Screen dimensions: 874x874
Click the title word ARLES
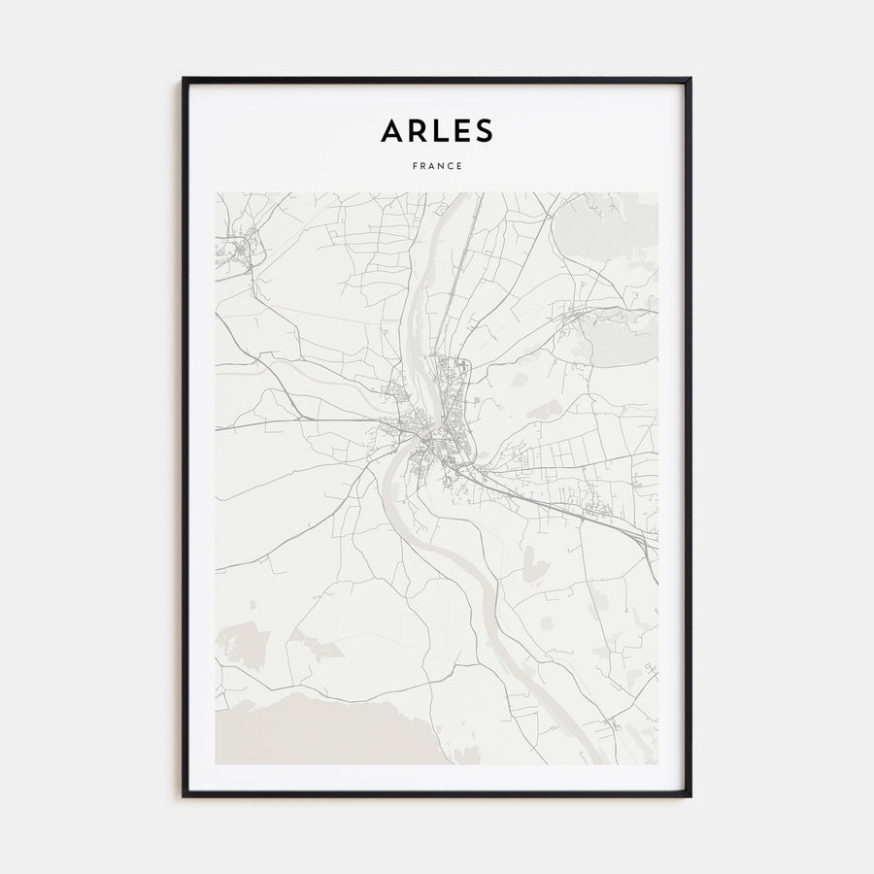click(x=437, y=130)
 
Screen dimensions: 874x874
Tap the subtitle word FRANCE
click(x=437, y=166)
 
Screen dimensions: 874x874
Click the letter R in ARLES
click(x=415, y=130)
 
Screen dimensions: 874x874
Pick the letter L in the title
click(x=437, y=130)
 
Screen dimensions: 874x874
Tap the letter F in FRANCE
click(x=414, y=166)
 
